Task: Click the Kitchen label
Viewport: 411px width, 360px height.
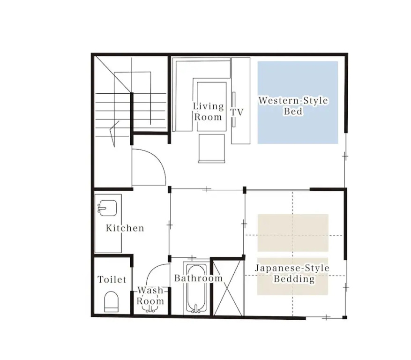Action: pos(125,228)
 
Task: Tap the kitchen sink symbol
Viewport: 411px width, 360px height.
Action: pos(107,208)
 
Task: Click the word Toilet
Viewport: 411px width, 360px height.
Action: pos(112,279)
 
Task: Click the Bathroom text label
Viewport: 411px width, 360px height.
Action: pos(198,278)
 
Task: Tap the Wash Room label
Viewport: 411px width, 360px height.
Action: pos(150,295)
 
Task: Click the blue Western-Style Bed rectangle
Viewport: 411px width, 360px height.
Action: pos(298,103)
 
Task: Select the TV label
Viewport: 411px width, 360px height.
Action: pos(237,112)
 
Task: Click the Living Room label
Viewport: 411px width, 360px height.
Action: pos(209,112)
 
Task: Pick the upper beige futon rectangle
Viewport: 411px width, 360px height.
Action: pos(293,233)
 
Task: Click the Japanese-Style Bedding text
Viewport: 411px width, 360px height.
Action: pos(292,273)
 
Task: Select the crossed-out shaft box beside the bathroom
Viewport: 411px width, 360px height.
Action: pos(227,288)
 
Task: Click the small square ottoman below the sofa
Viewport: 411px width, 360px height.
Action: pos(211,149)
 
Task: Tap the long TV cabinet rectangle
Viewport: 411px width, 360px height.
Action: pos(240,101)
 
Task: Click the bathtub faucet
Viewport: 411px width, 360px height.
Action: pos(196,309)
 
